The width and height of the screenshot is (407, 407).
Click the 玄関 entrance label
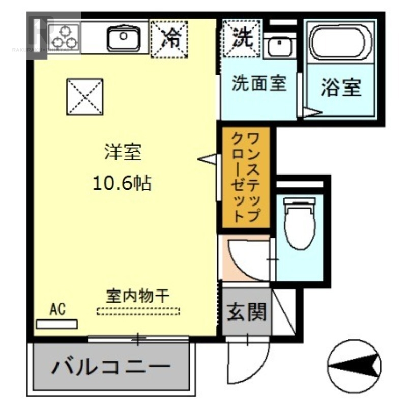[247, 311]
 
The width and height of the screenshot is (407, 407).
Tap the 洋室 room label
[123, 153]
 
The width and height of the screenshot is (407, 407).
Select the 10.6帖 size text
[123, 183]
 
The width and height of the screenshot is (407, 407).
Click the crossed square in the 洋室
[85, 97]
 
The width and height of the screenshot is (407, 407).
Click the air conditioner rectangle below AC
[57, 324]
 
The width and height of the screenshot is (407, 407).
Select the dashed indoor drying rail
[138, 311]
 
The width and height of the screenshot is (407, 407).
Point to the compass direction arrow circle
[355, 365]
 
